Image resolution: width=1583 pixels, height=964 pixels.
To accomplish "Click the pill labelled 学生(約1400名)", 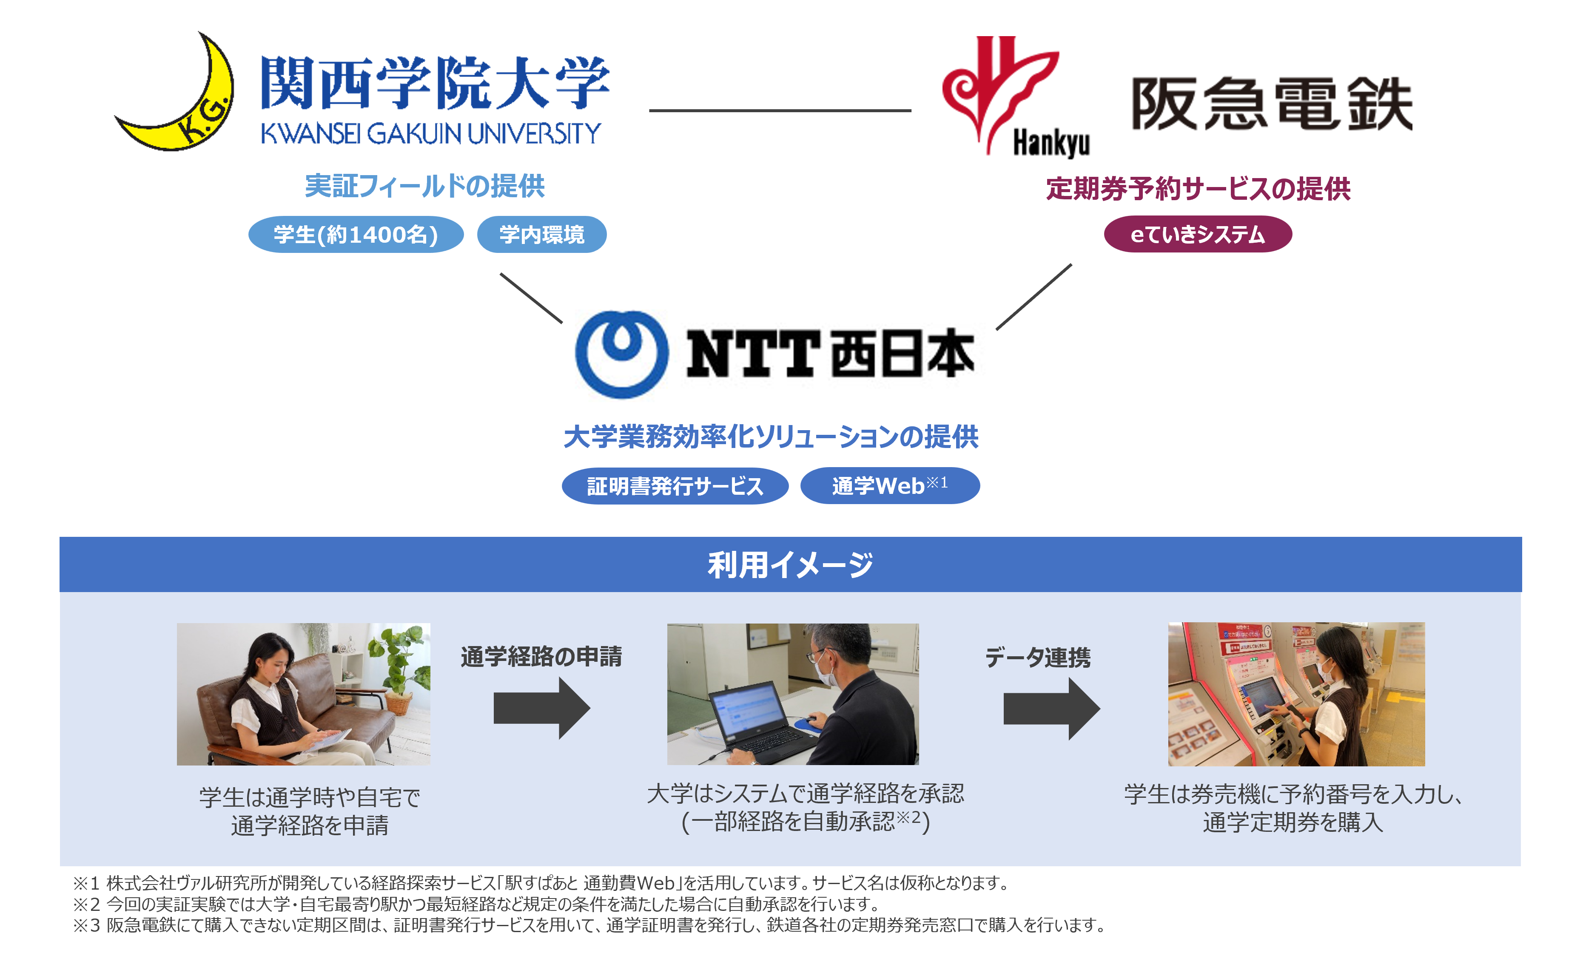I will click(x=356, y=235).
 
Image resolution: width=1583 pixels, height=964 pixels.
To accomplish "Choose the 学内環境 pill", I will click(x=541, y=235).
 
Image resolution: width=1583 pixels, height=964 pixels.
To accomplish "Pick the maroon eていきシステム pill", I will click(x=1198, y=235).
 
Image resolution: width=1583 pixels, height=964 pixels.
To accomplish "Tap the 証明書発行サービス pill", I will click(x=675, y=485).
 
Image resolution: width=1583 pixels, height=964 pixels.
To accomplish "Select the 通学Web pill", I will click(x=890, y=485).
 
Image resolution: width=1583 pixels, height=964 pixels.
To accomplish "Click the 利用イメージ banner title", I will click(x=790, y=564).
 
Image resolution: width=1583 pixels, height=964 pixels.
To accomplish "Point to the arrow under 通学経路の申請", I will click(x=541, y=709).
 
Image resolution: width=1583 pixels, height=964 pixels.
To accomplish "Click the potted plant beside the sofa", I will click(x=401, y=668).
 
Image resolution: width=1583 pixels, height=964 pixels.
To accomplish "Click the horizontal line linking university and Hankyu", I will click(x=780, y=111).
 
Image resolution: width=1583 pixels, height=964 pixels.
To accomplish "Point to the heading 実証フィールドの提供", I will click(x=424, y=186).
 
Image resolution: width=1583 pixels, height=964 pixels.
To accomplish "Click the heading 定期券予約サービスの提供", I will click(x=1198, y=189).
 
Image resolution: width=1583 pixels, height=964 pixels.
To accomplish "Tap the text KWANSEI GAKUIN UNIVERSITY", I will click(x=430, y=133).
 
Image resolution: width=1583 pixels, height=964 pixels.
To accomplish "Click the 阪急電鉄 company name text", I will click(x=1272, y=104).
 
